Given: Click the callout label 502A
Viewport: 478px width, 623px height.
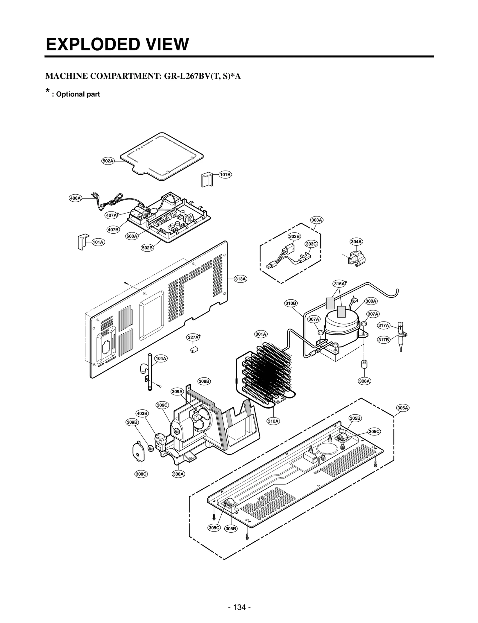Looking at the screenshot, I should (x=108, y=161).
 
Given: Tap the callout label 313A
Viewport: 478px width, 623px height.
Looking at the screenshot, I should (x=240, y=279).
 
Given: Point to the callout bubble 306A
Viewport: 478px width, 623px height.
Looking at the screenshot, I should (x=364, y=381).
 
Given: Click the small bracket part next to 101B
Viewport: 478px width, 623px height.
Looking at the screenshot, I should (x=206, y=179).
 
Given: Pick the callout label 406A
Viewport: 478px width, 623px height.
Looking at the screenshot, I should (x=75, y=198).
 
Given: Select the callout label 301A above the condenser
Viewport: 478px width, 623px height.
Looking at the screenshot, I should (x=261, y=334).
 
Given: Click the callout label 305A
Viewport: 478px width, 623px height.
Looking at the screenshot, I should (x=402, y=408).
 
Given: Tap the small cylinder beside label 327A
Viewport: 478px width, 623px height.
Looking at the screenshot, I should (x=194, y=349).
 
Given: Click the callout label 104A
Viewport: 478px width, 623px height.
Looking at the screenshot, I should (x=161, y=358).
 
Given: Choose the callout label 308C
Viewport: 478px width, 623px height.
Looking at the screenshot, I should (x=141, y=474).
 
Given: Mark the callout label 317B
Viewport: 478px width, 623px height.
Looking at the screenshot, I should (x=384, y=340).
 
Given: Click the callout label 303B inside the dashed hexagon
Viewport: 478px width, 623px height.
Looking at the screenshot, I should (x=294, y=236).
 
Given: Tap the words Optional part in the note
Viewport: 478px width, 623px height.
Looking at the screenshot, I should (x=78, y=94).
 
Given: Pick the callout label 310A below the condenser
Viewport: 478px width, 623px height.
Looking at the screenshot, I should (x=273, y=421).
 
